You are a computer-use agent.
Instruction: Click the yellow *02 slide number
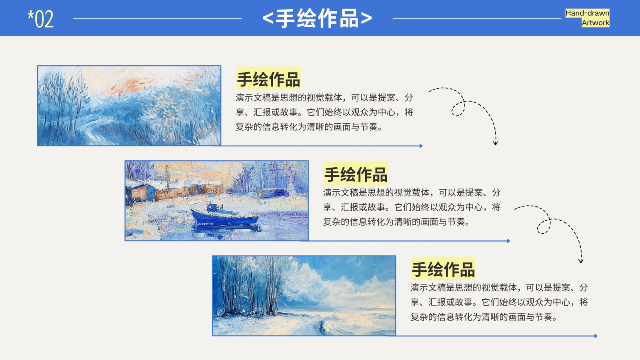pos(40,19)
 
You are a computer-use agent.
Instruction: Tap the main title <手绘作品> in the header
pos(317,18)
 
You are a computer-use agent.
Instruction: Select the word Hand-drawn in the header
pos(587,13)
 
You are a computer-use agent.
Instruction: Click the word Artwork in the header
pos(596,23)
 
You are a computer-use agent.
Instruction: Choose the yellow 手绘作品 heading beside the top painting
pos(268,79)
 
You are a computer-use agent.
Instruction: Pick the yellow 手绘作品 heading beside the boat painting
pos(356,174)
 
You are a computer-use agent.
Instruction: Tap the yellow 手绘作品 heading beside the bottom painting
pos(443,269)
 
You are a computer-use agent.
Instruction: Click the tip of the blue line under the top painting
pos(422,146)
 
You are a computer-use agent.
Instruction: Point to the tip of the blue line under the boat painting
pos(510,241)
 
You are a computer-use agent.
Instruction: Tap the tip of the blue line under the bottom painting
pos(597,336)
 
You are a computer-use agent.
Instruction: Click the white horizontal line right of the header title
pos(477,18)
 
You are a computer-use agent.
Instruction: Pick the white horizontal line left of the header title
pos(158,18)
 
